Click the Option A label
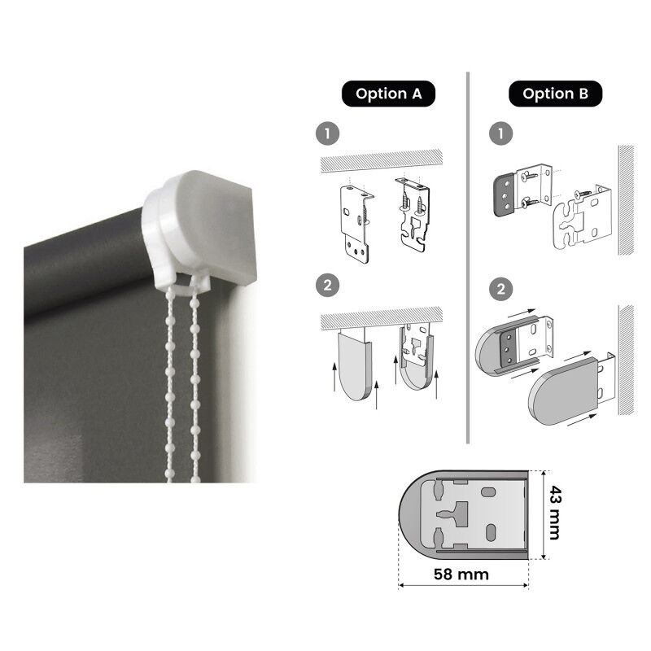388,94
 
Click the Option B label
555,94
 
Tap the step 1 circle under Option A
328,133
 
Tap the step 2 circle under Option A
328,286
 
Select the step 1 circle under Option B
500,133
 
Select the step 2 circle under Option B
500,289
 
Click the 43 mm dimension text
555,513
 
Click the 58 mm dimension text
461,575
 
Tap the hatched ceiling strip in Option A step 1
382,159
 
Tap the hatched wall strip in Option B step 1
627,199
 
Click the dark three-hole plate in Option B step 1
505,195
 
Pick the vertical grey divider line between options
468,257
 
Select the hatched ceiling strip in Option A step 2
382,318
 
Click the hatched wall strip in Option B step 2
627,360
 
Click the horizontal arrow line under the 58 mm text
463,586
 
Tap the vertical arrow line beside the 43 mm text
544,515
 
